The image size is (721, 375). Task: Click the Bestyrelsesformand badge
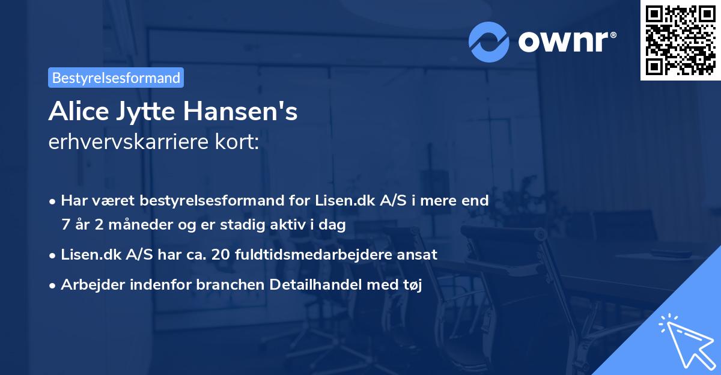point(116,78)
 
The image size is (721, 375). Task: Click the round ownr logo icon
point(490,41)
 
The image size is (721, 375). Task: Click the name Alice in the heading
point(74,112)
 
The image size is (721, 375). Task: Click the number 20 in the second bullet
point(222,255)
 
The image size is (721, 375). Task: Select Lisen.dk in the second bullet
point(90,255)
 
